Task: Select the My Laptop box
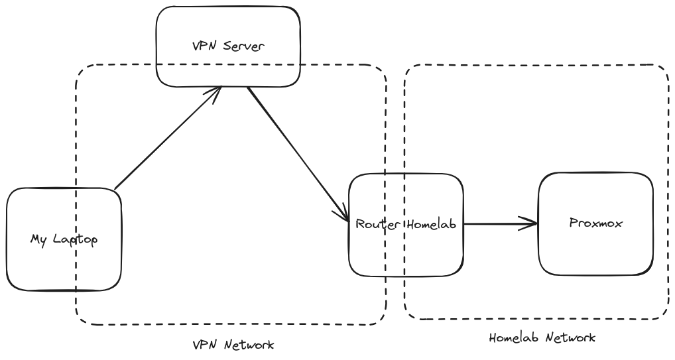[x=64, y=265]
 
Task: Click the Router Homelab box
[x=406, y=252]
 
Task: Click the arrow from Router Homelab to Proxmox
[x=497, y=224]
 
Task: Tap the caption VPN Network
[x=233, y=345]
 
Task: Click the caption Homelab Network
[x=542, y=337]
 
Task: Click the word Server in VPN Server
[x=246, y=46]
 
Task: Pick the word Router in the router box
[x=378, y=224]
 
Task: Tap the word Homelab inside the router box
[x=432, y=224]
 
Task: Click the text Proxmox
[x=595, y=223]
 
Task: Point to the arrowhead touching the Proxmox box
[x=530, y=224]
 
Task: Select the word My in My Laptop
[x=38, y=239]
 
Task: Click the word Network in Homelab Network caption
[x=570, y=337]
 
